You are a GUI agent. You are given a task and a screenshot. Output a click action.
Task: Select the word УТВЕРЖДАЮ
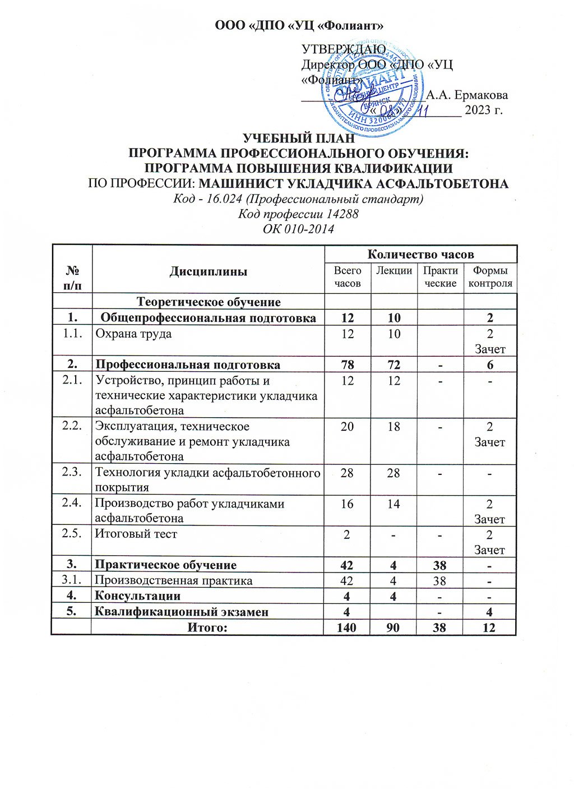pyautogui.click(x=343, y=49)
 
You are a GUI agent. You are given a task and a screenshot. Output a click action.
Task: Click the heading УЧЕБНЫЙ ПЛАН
pyautogui.click(x=298, y=139)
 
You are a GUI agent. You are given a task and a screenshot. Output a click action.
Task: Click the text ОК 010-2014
pyautogui.click(x=298, y=229)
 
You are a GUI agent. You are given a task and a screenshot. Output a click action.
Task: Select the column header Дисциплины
pyautogui.click(x=209, y=271)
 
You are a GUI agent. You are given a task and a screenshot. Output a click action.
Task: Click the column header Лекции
pyautogui.click(x=394, y=270)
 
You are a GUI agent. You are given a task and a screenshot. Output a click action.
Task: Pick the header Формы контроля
pyautogui.click(x=490, y=277)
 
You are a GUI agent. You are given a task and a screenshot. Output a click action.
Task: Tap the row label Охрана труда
pyautogui.click(x=133, y=334)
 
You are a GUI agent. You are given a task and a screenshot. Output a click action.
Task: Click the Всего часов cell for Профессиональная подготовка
pyautogui.click(x=347, y=365)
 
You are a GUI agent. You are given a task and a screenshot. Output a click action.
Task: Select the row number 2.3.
pyautogui.click(x=71, y=472)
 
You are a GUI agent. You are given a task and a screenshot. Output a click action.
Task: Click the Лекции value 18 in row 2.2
pyautogui.click(x=394, y=427)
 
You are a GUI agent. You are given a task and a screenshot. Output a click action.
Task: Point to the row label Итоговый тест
pyautogui.click(x=136, y=534)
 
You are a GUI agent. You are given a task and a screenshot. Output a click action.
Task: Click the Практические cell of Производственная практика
pyautogui.click(x=440, y=580)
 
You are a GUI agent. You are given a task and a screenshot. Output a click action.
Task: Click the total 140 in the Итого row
pyautogui.click(x=347, y=627)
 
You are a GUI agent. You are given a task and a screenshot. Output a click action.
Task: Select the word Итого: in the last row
pyautogui.click(x=207, y=627)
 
